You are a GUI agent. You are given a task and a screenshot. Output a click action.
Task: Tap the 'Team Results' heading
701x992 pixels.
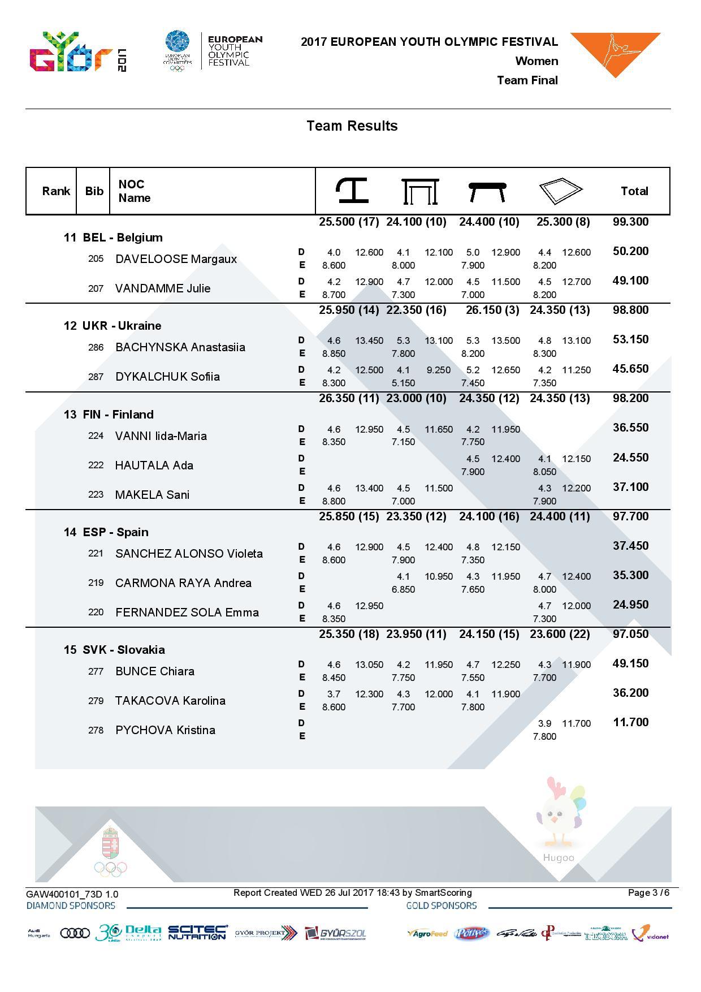click(352, 126)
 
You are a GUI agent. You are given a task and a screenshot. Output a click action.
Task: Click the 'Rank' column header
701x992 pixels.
click(56, 191)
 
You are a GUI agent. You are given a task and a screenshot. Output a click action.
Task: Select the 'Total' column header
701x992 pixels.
click(634, 191)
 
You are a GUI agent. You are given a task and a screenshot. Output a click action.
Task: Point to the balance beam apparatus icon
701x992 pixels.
click(487, 191)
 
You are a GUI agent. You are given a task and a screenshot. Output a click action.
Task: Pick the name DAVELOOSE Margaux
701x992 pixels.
click(176, 259)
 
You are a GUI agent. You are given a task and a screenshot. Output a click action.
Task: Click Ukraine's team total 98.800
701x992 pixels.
click(630, 310)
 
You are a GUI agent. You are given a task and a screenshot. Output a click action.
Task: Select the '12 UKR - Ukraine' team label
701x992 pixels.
click(112, 326)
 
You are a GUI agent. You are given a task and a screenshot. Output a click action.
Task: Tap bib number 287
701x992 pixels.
click(96, 377)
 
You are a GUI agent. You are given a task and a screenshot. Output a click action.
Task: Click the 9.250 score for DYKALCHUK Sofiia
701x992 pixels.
click(439, 370)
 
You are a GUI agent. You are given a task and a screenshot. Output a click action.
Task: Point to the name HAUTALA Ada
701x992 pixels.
click(154, 465)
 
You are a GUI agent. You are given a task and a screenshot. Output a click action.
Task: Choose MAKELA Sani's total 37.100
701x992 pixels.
click(630, 487)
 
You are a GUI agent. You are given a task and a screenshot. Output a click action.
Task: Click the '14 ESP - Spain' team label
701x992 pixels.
click(106, 532)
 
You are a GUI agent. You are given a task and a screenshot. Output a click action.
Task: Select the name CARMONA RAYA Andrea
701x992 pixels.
click(183, 583)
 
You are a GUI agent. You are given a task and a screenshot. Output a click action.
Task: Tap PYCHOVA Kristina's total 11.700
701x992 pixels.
click(630, 722)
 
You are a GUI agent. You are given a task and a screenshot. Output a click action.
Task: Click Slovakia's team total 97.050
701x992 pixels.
click(630, 634)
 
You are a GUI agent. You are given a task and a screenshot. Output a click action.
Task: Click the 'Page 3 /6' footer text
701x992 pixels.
click(648, 893)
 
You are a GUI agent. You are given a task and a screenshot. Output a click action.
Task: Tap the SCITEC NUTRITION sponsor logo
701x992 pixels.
click(197, 933)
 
